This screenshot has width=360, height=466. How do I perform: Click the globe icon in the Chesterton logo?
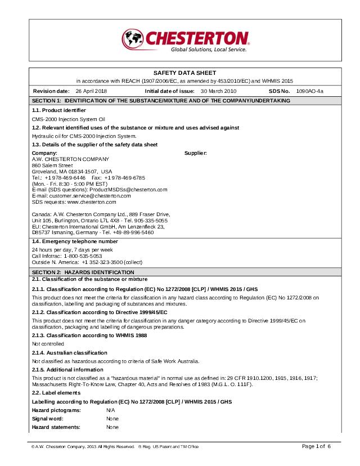click(x=133, y=39)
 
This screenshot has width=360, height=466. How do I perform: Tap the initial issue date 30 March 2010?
click(x=218, y=91)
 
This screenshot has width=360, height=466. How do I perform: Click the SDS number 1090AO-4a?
click(x=309, y=91)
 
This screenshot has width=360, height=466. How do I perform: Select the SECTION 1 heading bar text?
click(x=161, y=100)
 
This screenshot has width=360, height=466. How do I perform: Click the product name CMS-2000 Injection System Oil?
click(x=68, y=119)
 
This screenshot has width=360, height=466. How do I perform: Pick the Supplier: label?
click(x=196, y=153)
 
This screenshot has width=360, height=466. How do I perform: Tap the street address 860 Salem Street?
click(x=52, y=165)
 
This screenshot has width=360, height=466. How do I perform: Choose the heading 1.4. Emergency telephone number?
click(x=75, y=241)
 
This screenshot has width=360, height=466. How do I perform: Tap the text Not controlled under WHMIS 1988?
click(x=48, y=343)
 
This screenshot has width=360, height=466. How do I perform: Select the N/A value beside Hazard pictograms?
click(x=110, y=411)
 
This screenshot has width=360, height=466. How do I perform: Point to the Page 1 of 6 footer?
click(x=316, y=446)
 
